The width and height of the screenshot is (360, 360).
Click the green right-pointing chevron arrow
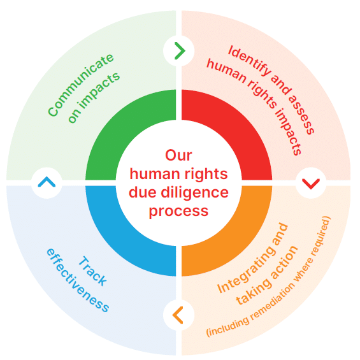tap(180, 51)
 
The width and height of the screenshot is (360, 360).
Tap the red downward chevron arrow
tap(311, 184)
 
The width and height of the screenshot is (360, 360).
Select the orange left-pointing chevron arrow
tap(178, 315)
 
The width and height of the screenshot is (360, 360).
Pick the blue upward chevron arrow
tap(47, 182)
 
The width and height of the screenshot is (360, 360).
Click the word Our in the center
tap(178, 155)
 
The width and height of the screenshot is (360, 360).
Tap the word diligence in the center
tap(194, 192)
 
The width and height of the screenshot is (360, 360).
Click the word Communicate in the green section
tap(80, 85)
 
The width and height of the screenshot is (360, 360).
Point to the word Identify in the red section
tap(249, 61)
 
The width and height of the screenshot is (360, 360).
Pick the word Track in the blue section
tap(92, 271)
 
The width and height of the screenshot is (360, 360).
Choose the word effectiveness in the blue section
tap(78, 280)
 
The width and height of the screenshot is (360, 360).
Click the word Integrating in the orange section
tap(252, 258)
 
